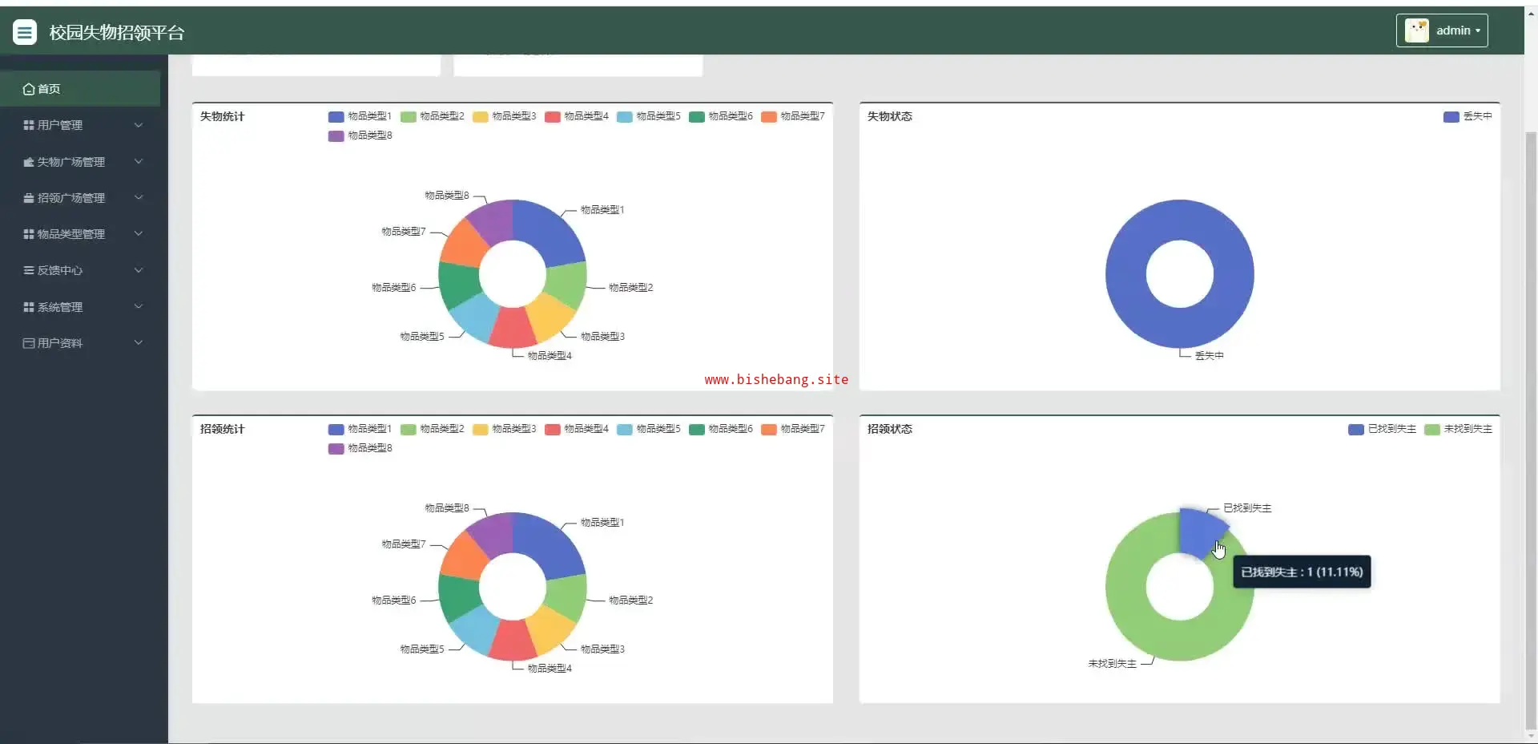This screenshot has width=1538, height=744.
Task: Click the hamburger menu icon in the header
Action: click(25, 32)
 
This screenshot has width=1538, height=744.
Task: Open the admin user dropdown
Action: click(1442, 30)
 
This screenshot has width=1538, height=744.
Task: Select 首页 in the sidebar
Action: click(49, 89)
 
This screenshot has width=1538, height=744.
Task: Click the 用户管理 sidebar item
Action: click(60, 125)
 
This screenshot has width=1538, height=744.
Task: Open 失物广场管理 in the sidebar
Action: click(70, 162)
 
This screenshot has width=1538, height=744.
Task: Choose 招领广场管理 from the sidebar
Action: click(70, 198)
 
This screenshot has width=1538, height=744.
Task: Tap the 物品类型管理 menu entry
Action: click(70, 234)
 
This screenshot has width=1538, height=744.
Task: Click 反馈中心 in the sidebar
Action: click(60, 270)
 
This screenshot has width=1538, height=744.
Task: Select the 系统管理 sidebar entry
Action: click(60, 307)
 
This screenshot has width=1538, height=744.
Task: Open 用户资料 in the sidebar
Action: click(60, 343)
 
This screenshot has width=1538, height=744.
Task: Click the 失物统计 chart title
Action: click(222, 116)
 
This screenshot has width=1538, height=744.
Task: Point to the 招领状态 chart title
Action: click(889, 429)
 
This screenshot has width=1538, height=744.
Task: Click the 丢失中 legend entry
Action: click(1468, 116)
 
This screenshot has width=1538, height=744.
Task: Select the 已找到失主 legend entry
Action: click(1383, 429)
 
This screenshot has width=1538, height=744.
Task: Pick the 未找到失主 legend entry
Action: click(1459, 429)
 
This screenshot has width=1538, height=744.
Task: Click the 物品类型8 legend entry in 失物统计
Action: click(360, 135)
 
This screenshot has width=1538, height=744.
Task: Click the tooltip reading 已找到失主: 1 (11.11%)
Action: click(1302, 572)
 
